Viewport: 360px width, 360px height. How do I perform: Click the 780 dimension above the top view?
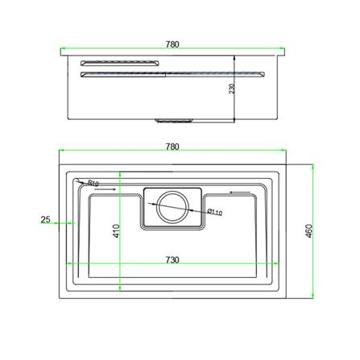click(172, 146)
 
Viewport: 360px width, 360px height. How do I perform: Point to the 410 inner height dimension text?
click(116, 231)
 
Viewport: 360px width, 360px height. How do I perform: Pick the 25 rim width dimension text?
click(45, 219)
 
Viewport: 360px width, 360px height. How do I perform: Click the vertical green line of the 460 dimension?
click(313, 232)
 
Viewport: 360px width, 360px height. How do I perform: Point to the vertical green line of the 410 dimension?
click(121, 234)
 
